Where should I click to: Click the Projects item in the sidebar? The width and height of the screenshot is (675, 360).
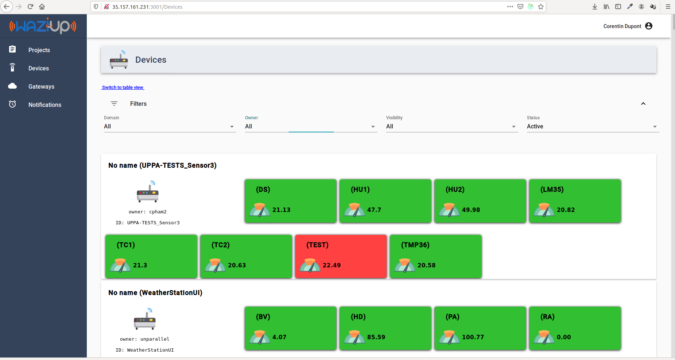click(39, 50)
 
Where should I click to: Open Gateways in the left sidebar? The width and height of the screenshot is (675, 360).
click(41, 86)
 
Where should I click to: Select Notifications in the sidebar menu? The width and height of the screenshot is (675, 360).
click(44, 105)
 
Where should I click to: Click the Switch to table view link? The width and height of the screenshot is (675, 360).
click(123, 88)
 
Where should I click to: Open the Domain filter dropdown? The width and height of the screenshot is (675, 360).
click(170, 127)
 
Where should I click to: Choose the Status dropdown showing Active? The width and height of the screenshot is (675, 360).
click(593, 127)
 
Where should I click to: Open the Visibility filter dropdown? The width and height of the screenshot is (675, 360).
click(452, 127)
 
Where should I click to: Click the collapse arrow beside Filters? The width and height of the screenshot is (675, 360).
click(643, 104)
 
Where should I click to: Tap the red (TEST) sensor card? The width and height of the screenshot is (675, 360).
click(341, 256)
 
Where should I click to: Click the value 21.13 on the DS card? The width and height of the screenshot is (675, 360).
click(281, 210)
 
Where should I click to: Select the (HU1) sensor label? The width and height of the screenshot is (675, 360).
click(360, 189)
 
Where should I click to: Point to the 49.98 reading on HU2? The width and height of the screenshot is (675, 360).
click(471, 210)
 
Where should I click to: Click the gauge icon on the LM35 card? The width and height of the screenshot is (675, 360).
click(544, 210)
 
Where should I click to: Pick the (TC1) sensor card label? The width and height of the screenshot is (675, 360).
click(126, 245)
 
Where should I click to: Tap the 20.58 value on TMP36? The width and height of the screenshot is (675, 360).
click(426, 265)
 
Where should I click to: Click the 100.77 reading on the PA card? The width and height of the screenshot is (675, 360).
click(473, 337)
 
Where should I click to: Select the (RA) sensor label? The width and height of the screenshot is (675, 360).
click(547, 317)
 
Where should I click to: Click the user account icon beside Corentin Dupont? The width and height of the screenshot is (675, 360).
click(649, 26)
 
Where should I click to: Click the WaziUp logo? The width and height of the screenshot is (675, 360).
click(43, 26)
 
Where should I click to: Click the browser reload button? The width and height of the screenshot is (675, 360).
click(30, 7)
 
